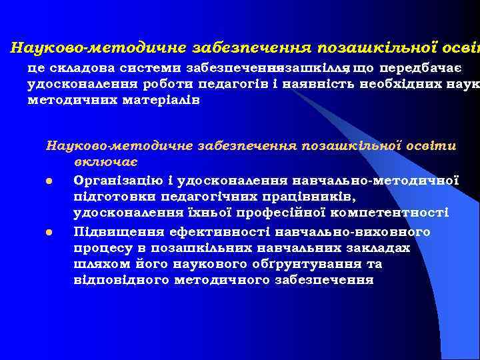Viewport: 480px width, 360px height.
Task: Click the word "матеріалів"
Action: [x=163, y=99]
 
